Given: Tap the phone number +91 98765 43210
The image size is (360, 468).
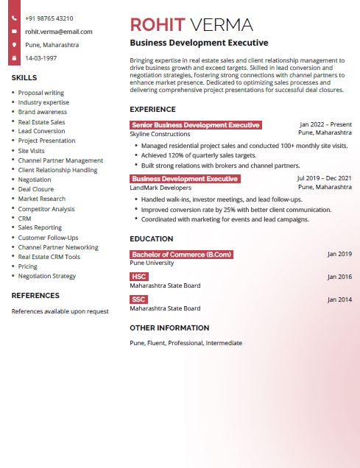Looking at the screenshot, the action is (x=49, y=18).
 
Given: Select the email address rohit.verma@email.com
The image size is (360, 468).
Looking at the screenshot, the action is (x=59, y=32).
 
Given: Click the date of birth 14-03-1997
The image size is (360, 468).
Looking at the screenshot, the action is (x=40, y=57).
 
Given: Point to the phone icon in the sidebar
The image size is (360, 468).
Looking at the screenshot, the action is (x=14, y=18).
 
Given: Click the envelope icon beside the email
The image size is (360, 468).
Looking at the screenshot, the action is (x=14, y=32).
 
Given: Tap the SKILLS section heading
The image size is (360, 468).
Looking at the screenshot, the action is (x=24, y=77).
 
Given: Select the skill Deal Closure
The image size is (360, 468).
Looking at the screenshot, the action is (x=35, y=189).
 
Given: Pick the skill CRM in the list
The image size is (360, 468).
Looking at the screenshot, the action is (x=24, y=218).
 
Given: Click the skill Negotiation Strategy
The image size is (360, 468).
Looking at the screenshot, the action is (x=46, y=276).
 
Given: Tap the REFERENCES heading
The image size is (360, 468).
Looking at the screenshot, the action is (x=35, y=296).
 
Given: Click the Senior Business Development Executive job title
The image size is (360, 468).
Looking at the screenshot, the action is (x=195, y=125).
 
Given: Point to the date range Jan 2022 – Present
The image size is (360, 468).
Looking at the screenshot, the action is (x=325, y=125).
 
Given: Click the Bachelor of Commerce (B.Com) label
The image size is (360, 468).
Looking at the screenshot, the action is (x=181, y=255).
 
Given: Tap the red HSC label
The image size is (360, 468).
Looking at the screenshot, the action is (x=139, y=277).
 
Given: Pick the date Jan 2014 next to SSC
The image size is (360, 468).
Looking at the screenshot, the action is (x=339, y=299).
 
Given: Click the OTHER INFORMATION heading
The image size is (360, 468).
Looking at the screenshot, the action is (x=169, y=328).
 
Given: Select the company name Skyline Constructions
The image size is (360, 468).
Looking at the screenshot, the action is (x=160, y=134).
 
